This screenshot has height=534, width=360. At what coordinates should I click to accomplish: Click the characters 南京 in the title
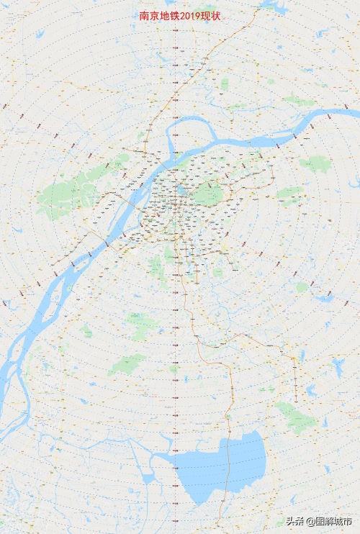pos(149,15)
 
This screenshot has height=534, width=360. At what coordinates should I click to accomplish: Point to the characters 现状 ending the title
pos(211,15)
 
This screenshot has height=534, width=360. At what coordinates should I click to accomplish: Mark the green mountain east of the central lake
pos(208,194)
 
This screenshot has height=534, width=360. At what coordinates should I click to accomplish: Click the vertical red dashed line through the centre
pos(176,324)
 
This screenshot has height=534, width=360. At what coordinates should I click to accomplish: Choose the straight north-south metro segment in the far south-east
pos(295,381)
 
